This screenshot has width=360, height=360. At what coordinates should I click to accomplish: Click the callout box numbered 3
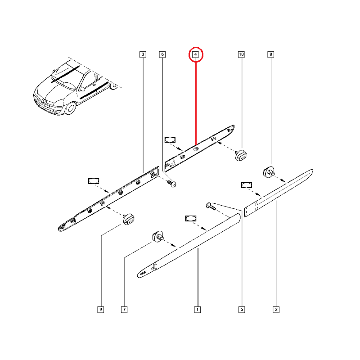pyautogui.click(x=143, y=54)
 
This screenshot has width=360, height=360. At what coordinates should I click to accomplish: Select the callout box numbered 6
pyautogui.click(x=162, y=54)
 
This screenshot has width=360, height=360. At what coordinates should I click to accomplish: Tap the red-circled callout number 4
pyautogui.click(x=196, y=54)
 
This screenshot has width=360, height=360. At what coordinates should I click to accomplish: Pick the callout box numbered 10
pyautogui.click(x=241, y=54)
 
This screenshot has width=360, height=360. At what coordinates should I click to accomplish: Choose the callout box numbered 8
pyautogui.click(x=271, y=54)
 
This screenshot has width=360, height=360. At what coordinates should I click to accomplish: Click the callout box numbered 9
pyautogui.click(x=100, y=310)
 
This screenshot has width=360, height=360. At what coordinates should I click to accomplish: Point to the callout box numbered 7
pyautogui.click(x=124, y=310)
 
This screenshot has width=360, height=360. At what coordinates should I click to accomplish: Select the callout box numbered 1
pyautogui.click(x=198, y=310)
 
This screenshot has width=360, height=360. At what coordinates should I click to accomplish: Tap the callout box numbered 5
pyautogui.click(x=242, y=310)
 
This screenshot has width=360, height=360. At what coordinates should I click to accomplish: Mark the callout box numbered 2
pyautogui.click(x=276, y=310)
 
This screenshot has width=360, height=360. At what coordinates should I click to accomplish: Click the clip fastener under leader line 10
pyautogui.click(x=241, y=155)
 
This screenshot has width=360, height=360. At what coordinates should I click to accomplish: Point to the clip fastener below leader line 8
pyautogui.click(x=269, y=172)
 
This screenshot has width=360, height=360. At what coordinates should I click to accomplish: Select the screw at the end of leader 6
pyautogui.click(x=172, y=184)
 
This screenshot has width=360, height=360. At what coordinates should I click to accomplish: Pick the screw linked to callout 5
pyautogui.click(x=211, y=206)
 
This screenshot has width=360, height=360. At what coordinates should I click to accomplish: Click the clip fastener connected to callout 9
pyautogui.click(x=128, y=219)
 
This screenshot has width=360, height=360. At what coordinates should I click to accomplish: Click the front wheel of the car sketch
pyautogui.click(x=71, y=108)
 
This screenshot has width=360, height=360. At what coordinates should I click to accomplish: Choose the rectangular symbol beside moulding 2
pyautogui.click(x=246, y=185)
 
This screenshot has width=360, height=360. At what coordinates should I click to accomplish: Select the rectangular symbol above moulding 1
pyautogui.click(x=191, y=218)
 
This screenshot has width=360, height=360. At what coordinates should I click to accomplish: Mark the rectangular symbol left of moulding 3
pyautogui.click(x=94, y=181)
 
